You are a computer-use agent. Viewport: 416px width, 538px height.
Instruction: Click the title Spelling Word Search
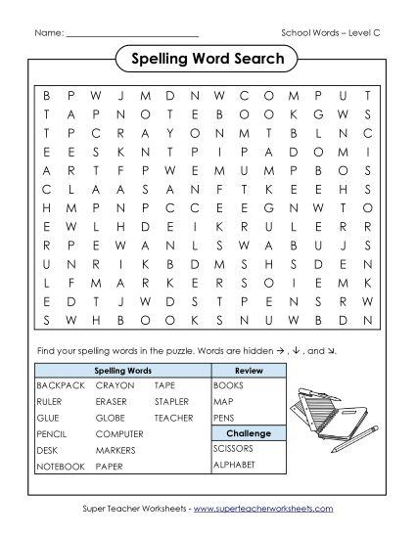coord(208,60)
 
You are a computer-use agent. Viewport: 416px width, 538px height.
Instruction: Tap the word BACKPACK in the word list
coord(58,386)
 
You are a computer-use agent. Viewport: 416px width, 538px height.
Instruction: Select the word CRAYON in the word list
coord(115,386)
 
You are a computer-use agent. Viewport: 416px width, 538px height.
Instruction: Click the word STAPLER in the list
coord(171,401)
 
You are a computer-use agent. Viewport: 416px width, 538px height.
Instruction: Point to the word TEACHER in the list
coord(173,417)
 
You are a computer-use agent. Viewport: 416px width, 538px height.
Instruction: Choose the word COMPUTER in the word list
coord(119,433)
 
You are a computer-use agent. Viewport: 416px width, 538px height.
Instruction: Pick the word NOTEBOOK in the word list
coord(61,467)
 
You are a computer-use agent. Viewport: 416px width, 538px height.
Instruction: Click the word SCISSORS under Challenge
coord(233,449)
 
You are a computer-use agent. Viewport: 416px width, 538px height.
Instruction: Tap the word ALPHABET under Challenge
coord(233,465)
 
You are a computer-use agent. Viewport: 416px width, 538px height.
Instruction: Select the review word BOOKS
coord(227,386)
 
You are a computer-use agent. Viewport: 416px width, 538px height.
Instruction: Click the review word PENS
coord(224,418)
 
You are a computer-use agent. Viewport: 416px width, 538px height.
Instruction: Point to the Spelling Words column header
coord(122,371)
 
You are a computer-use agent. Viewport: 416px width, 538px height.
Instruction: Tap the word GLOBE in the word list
coord(111,417)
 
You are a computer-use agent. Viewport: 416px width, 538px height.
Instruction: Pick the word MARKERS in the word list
coord(116,450)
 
